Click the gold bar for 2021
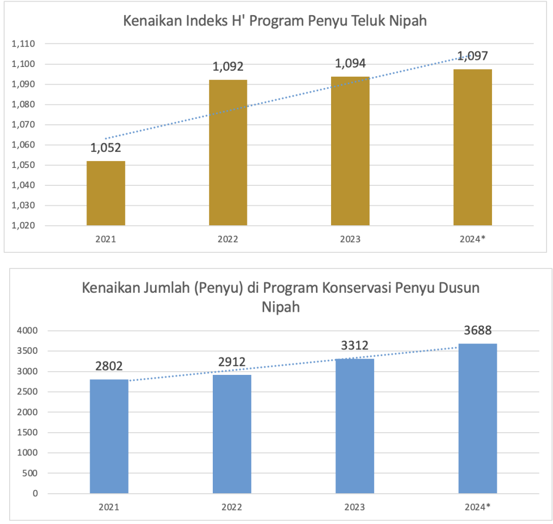coord(106,193)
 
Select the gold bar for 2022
coord(228,152)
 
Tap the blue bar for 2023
coord(355,426)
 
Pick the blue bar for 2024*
coord(477,418)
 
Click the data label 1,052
coord(106,147)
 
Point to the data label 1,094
coord(350,64)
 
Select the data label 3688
coord(477,330)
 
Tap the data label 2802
coord(109,366)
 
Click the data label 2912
coord(232,362)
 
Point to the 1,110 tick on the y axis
coord(23,44)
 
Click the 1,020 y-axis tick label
coord(23,225)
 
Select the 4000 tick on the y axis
coord(27,331)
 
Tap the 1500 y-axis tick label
coord(27,432)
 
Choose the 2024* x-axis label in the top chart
coord(473,239)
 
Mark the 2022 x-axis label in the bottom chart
coord(232,507)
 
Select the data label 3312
coord(355,345)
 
